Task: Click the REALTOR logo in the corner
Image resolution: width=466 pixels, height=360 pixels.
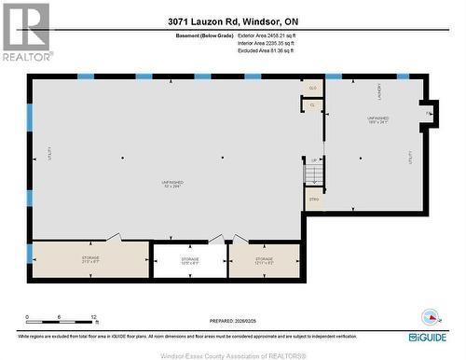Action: tap(25, 32)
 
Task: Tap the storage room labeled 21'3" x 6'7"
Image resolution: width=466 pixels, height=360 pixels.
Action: tap(90, 259)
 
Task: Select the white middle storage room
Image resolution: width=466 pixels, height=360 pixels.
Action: tap(190, 260)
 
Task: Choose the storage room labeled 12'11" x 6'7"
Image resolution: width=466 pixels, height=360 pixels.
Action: tap(265, 260)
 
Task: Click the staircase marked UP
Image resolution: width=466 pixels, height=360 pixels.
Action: tap(314, 172)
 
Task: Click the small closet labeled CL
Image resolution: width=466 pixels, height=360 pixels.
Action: tap(313, 105)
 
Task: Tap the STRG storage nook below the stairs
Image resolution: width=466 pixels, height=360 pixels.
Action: tap(313, 199)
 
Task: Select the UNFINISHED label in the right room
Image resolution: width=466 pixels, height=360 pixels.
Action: tap(377, 120)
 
